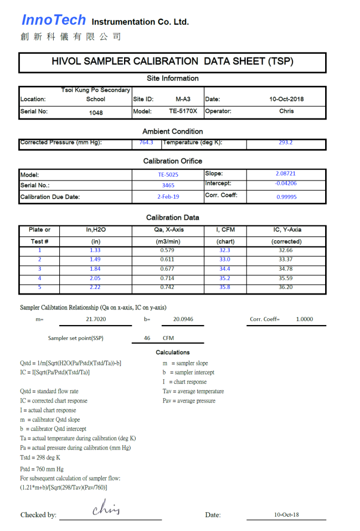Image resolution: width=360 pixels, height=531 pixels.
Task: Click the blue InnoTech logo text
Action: coord(54,20)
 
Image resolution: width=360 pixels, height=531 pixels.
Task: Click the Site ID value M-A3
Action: coord(183,100)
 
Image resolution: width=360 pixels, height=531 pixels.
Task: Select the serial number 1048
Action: coord(96,112)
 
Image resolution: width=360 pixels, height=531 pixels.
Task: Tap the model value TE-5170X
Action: coord(183,111)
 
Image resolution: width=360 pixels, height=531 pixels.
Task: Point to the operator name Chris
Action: coord(286,111)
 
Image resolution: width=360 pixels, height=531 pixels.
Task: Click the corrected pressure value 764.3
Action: coord(147,143)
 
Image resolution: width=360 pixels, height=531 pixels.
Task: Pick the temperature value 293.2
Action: coord(286,143)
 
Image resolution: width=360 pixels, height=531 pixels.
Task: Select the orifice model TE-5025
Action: coord(168,174)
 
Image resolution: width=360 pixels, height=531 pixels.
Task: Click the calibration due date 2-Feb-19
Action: coord(168,197)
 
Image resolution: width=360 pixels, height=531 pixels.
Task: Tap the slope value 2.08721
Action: coord(286,174)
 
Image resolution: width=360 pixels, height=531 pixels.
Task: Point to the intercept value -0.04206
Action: coord(286,183)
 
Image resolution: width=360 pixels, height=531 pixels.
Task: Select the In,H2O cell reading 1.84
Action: coord(95,269)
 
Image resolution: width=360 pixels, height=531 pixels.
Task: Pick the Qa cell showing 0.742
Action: coord(167,287)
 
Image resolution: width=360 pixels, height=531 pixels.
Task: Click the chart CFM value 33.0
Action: coord(225,260)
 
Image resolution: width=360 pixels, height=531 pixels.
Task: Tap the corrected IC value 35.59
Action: coord(286,279)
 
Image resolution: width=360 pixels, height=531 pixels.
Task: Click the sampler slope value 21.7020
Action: coord(96,319)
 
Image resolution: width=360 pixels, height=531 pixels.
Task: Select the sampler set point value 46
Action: coord(147,338)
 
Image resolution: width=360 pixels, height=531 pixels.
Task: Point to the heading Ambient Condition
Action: coord(173,132)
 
